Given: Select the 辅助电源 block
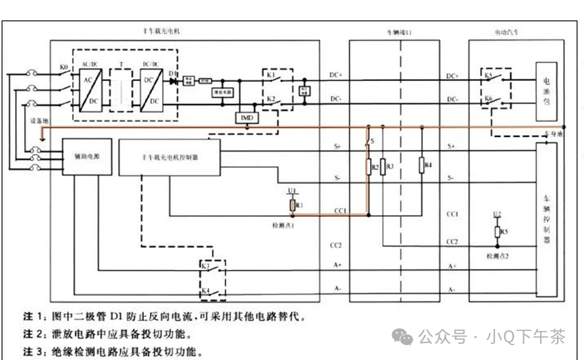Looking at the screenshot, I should pyautogui.click(x=86, y=156).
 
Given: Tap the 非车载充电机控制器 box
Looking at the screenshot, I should pyautogui.click(x=169, y=156).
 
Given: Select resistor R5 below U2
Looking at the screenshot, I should pyautogui.click(x=498, y=233).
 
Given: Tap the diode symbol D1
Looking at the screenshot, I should pyautogui.click(x=174, y=81).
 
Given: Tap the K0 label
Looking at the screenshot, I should pyautogui.click(x=63, y=68).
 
